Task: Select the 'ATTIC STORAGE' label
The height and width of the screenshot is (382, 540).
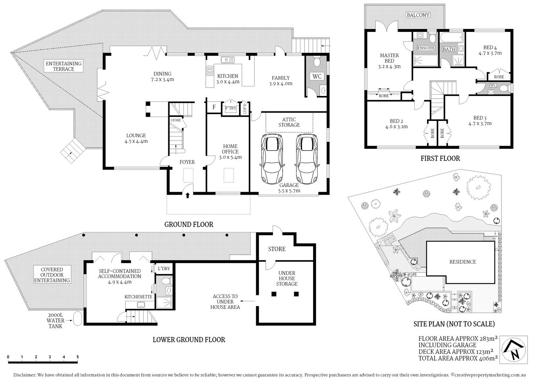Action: pos(289,122)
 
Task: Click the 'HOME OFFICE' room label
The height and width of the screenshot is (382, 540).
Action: pos(230,152)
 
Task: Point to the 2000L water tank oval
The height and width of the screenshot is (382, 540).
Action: pos(78,318)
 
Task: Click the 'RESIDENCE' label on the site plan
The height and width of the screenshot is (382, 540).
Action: pos(462,261)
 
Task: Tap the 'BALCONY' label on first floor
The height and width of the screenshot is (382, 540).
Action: pos(418,15)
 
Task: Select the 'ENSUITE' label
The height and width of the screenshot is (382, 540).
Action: pos(426,48)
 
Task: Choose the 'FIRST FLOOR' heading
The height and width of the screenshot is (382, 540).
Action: pos(440,158)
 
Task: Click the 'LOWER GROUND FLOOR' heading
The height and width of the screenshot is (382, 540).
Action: pos(189,339)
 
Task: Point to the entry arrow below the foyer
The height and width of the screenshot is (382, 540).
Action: pos(187,195)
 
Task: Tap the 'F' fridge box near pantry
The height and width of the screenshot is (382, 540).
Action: pos(214,107)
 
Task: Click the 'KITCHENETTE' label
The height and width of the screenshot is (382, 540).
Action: pos(138,297)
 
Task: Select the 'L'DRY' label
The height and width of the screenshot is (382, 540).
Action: pos(164,269)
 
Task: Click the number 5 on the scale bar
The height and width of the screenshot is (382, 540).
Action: pos(78,357)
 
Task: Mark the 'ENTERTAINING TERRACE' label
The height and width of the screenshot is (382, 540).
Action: pos(64,66)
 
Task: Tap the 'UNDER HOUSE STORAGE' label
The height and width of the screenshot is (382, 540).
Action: pos(287,279)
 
